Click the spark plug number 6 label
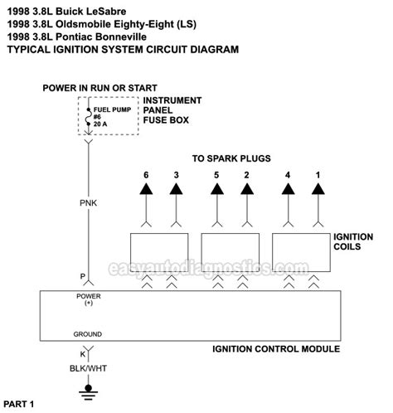tap(146, 176)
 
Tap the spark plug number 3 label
tap(175, 176)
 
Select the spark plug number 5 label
tap(217, 176)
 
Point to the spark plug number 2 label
tap(246, 176)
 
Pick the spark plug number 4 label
tap(288, 176)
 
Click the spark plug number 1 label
tap(317, 176)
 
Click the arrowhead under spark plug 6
tap(146, 191)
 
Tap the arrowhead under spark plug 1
tap(317, 191)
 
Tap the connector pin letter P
tap(82, 276)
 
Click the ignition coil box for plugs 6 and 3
tap(161, 249)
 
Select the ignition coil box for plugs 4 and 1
tap(303, 249)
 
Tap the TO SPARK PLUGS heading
tap(231, 158)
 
